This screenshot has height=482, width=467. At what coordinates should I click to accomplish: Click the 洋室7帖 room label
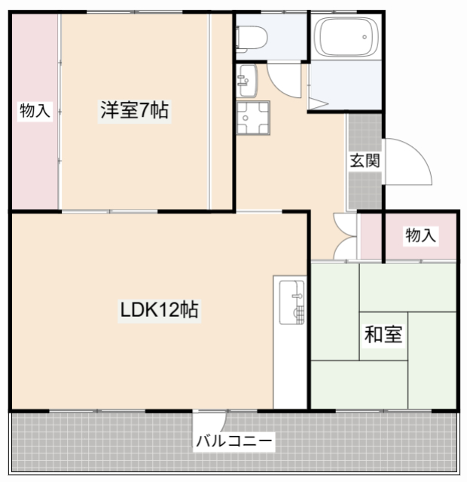(x=135, y=111)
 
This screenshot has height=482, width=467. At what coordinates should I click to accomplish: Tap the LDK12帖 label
(x=160, y=309)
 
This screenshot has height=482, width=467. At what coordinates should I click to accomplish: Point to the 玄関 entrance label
(x=364, y=161)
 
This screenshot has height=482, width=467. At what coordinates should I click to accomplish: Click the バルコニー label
(x=234, y=441)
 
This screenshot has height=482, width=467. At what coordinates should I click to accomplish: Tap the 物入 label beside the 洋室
(x=35, y=111)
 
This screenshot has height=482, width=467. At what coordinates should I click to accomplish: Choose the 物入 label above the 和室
(x=420, y=235)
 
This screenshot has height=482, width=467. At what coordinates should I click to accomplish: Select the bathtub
(x=345, y=35)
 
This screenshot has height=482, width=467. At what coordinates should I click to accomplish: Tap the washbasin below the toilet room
(x=247, y=76)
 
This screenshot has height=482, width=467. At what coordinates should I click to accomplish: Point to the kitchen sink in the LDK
(x=291, y=302)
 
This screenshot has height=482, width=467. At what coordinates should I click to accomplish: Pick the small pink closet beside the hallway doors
(x=370, y=237)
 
